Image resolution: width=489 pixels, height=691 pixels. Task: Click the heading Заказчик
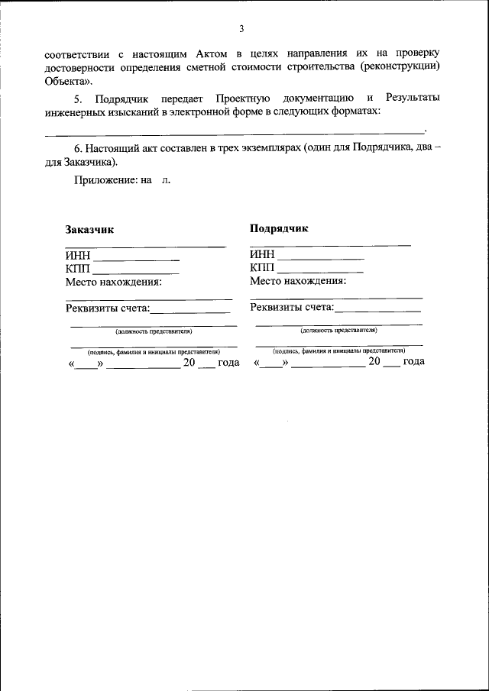point(89,230)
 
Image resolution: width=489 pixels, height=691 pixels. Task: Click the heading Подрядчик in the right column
point(279,228)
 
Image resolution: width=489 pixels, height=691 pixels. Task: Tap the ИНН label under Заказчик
point(78,256)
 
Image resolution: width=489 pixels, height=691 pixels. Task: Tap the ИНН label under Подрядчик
point(263,254)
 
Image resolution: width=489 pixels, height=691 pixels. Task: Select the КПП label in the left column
point(78,268)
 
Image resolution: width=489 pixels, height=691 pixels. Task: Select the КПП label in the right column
point(263,267)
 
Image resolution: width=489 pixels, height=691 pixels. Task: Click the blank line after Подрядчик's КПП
point(321,272)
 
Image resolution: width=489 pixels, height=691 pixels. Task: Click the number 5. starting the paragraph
point(77,98)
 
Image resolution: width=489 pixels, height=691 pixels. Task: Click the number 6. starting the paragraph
point(78,148)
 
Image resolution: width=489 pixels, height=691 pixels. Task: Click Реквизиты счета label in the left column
point(108,308)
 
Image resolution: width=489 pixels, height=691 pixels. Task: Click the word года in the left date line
point(228,363)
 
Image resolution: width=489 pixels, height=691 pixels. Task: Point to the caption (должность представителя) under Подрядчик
point(338,331)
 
